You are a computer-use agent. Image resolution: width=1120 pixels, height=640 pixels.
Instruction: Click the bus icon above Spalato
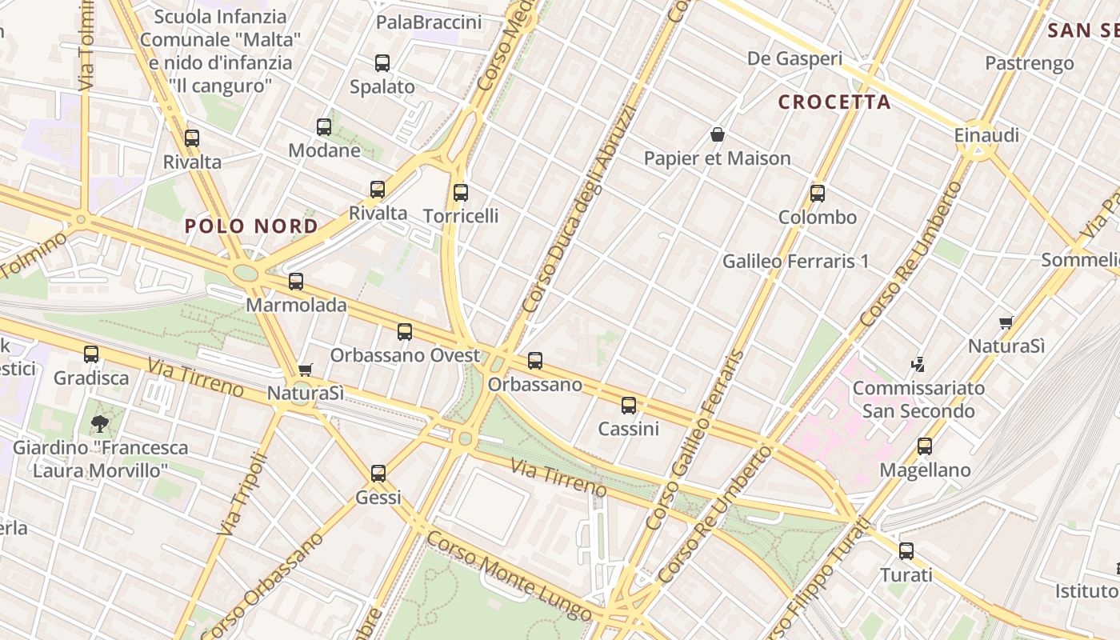[382, 63]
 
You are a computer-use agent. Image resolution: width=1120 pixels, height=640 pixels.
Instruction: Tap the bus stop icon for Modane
[324, 126]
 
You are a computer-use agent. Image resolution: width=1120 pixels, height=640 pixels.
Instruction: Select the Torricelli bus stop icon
[460, 192]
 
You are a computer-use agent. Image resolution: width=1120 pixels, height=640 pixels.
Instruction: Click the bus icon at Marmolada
[296, 281]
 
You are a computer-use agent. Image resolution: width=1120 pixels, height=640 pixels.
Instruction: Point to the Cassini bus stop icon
[629, 406]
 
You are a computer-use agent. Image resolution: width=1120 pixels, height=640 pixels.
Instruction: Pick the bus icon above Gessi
[378, 474]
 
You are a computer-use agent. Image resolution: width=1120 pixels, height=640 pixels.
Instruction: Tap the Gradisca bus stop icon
[91, 354]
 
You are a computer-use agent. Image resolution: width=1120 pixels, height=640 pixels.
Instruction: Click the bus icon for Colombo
[817, 193]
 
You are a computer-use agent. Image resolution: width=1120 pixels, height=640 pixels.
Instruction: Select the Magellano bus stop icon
[925, 446]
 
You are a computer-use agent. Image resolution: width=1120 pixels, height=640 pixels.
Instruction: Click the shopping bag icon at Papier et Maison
[718, 134]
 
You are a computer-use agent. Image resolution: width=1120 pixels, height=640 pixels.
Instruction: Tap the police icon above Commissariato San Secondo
[918, 365]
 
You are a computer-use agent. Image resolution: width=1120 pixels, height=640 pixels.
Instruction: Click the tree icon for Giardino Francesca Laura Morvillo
[99, 423]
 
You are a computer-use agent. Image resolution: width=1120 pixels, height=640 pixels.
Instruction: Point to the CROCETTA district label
[834, 102]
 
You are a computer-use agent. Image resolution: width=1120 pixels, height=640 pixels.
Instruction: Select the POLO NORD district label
[251, 226]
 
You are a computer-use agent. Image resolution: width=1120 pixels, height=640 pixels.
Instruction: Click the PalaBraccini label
[429, 22]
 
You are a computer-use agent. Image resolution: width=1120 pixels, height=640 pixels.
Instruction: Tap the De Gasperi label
[794, 58]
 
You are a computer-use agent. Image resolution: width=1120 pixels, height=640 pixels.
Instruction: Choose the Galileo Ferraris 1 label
[795, 262]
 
